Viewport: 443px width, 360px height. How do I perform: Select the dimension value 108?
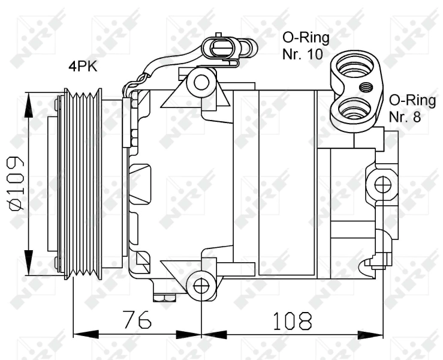[291, 320]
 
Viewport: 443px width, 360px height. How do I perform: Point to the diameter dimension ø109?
[16, 184]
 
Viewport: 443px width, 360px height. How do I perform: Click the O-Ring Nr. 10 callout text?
[306, 46]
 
